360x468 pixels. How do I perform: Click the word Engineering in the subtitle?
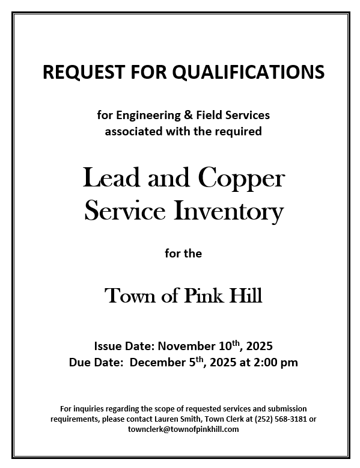(x=150, y=114)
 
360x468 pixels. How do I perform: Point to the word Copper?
(x=240, y=179)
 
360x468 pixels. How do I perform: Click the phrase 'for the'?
(x=183, y=253)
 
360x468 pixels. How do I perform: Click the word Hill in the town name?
(x=246, y=295)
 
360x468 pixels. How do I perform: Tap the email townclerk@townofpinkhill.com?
(x=183, y=429)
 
